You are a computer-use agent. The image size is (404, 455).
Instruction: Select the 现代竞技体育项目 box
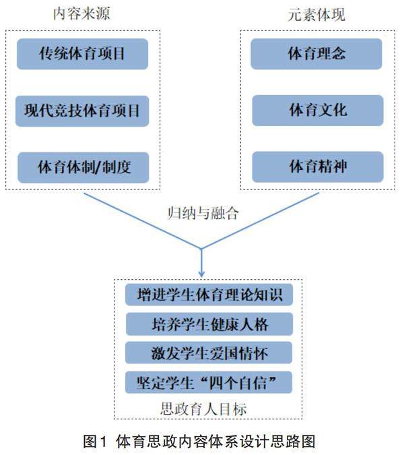(x=82, y=111)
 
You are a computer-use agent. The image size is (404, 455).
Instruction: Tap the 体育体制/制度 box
(x=82, y=166)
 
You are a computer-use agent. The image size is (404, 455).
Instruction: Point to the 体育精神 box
(x=317, y=166)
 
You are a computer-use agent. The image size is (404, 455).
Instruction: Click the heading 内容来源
(x=82, y=13)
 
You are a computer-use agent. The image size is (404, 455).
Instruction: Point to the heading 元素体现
(x=316, y=13)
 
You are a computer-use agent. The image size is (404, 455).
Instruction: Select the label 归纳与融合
(x=203, y=213)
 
